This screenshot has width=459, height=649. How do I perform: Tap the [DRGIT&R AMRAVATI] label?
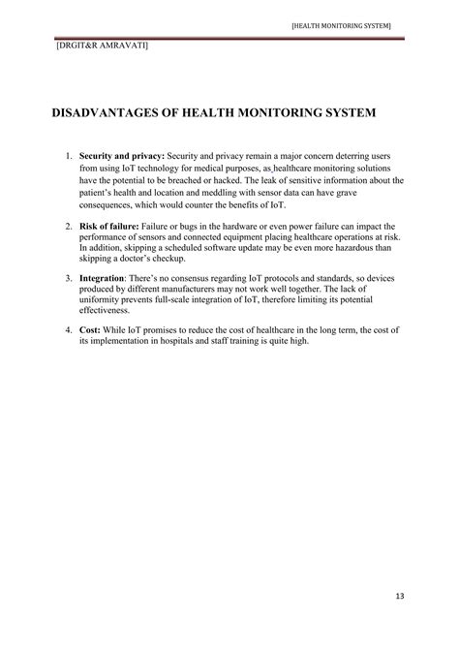coord(94,45)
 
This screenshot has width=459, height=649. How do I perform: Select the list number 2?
coord(68,227)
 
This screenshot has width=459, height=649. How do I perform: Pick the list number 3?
coord(68,279)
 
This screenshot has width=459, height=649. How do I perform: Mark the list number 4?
coord(68,331)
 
